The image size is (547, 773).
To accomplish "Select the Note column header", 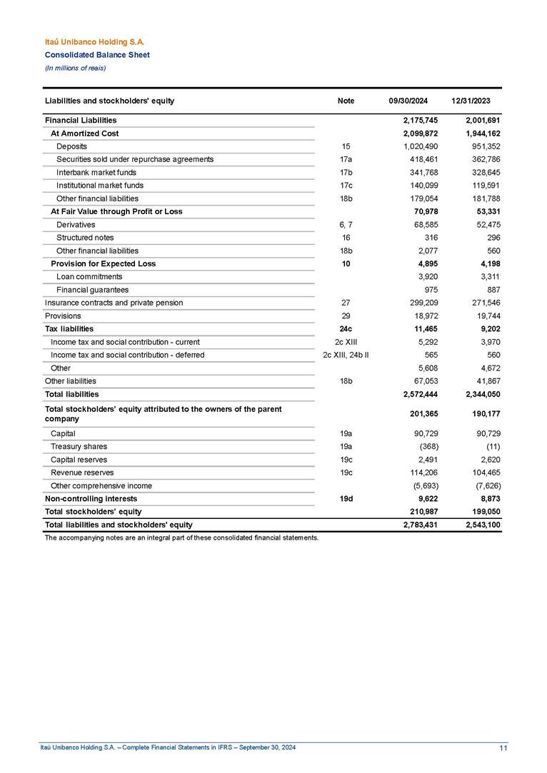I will click(346, 101).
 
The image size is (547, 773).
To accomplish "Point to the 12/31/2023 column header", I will click(471, 101).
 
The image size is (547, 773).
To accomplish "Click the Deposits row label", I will click(71, 146).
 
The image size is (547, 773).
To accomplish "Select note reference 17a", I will click(346, 159).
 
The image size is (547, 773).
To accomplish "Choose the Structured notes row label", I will click(85, 238).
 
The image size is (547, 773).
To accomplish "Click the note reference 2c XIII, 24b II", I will click(346, 355).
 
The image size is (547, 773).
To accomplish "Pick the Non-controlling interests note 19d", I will click(346, 498).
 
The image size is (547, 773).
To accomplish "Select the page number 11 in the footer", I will click(503, 748).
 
